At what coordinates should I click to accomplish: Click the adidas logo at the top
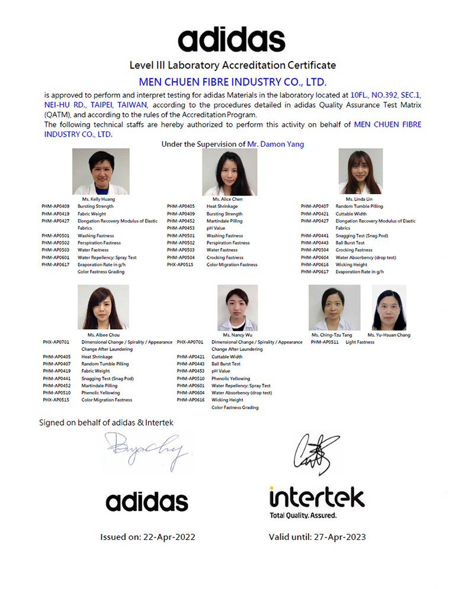232,39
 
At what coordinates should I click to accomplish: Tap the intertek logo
317,497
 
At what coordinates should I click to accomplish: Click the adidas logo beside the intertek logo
147,501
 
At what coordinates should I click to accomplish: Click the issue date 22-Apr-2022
169,537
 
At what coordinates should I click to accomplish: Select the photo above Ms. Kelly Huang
101,172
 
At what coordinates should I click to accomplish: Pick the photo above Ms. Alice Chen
222,172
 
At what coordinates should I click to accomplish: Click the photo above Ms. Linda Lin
360,172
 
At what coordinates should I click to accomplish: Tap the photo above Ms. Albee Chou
103,307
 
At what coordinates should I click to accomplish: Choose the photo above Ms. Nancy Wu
238,307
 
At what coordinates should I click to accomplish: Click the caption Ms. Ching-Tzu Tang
332,335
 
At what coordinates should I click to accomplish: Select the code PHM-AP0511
325,342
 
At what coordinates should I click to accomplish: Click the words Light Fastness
360,342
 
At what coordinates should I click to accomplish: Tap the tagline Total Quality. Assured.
303,516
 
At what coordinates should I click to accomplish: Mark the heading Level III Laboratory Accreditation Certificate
232,65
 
